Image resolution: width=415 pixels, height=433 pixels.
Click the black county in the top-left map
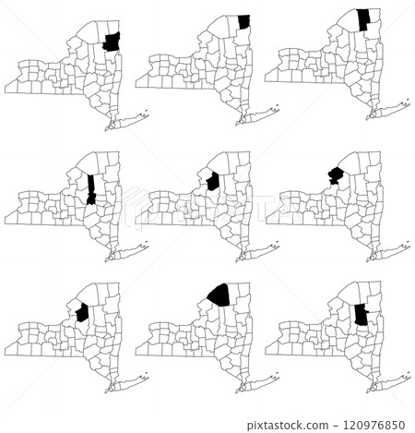(112, 42)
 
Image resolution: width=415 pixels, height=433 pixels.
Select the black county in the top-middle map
(243, 22)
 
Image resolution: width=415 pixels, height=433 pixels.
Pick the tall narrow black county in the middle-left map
(91, 188)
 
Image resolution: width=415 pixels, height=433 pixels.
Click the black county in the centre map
(213, 181)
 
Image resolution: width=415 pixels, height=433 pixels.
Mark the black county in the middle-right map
(335, 174)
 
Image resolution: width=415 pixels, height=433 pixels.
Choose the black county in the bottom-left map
(81, 313)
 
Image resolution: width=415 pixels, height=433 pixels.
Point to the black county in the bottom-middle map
(220, 295)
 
